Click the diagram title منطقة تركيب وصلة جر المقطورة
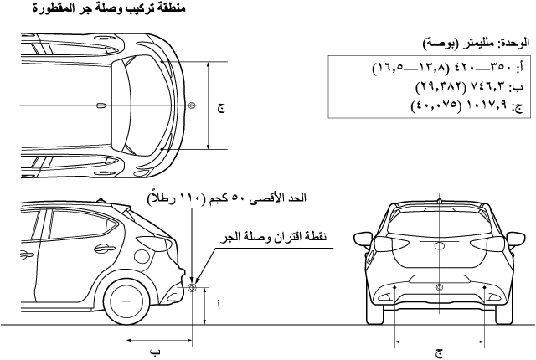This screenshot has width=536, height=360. point(110,8)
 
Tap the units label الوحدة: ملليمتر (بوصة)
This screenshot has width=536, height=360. point(476,44)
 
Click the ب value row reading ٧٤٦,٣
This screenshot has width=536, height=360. point(469,87)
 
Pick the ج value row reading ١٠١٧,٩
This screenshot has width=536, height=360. point(467,105)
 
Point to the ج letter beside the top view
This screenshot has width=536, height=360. point(221,108)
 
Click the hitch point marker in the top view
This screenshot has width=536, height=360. point(192,105)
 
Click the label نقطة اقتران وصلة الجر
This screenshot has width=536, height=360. point(274,236)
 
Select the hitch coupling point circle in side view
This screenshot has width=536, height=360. point(192,288)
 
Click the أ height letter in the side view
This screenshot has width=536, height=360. point(218,306)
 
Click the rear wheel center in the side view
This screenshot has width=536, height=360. point(126,301)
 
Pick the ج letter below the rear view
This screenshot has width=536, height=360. point(440,353)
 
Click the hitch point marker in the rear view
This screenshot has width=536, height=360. point(440,288)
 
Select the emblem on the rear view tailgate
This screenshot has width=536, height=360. point(439,245)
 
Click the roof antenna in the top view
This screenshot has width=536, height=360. point(102,105)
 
